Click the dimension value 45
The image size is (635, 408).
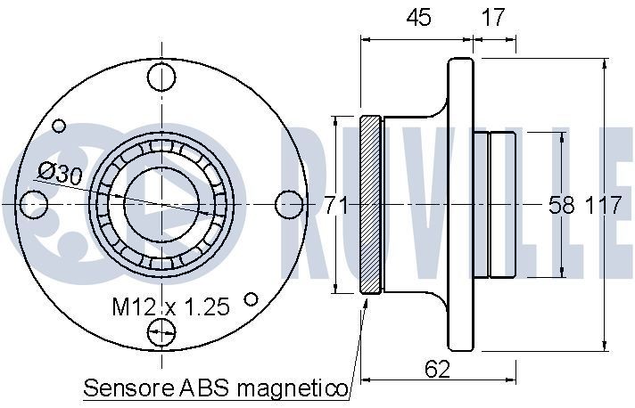(x=416, y=17)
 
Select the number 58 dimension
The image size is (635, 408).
(x=561, y=205)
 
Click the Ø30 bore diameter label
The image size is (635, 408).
(x=61, y=175)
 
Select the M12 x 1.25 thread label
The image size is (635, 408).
(x=170, y=307)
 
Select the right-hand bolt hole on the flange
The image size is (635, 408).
(x=289, y=204)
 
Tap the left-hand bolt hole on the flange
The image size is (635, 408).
(x=34, y=204)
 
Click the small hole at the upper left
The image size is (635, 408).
(x=60, y=126)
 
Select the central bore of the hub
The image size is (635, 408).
(x=161, y=204)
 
